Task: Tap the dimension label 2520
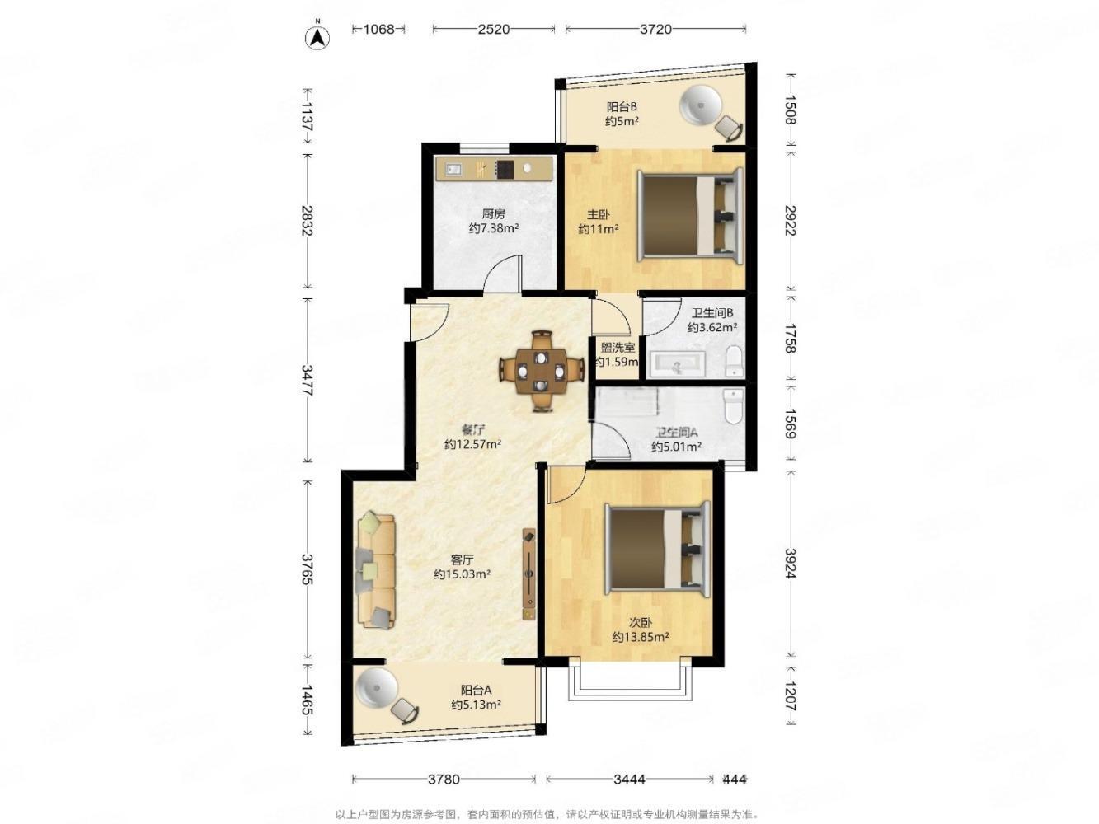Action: tap(493, 30)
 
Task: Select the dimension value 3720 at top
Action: tap(655, 30)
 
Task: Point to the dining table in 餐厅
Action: tap(541, 372)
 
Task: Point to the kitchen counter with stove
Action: tap(494, 169)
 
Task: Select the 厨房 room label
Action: tap(493, 214)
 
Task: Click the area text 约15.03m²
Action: tap(462, 574)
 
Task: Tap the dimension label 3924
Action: tap(791, 563)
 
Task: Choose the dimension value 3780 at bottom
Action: tap(444, 779)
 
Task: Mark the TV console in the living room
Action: tap(528, 574)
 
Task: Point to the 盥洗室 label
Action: tap(618, 347)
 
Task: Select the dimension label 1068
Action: tap(378, 30)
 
